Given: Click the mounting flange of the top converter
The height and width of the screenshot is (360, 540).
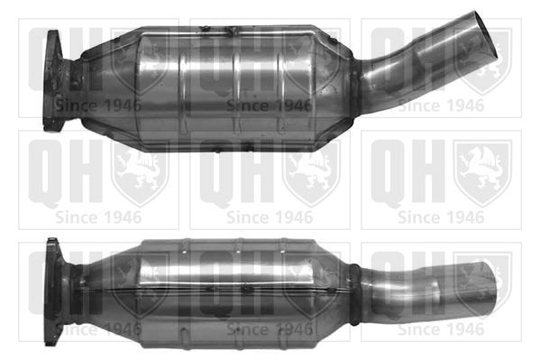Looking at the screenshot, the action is pos(52,81).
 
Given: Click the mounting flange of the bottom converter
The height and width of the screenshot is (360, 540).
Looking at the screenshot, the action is pos(53,291).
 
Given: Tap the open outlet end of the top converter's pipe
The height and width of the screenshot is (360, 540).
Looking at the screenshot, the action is pos(486,34).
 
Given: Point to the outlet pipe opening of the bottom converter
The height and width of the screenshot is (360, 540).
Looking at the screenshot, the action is pos(490,289).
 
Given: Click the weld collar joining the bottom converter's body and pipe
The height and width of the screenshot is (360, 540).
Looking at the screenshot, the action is pos(354,295).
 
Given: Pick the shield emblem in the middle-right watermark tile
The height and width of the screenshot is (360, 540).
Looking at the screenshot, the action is pos(482,173).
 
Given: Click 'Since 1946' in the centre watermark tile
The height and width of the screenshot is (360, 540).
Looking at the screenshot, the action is pos(270,217).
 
